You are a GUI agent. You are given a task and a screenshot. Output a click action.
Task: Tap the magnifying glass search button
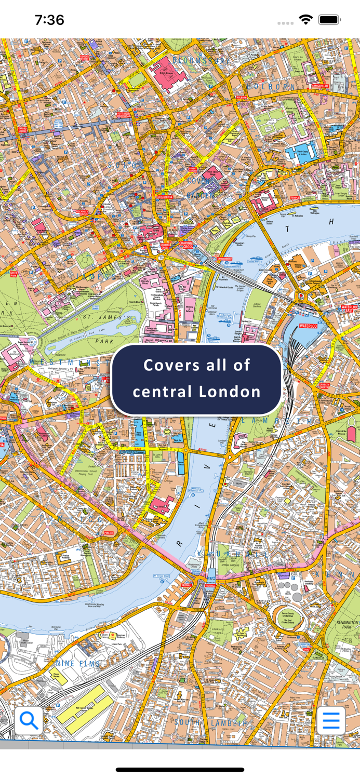point(29,720)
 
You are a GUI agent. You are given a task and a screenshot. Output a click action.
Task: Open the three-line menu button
point(331,720)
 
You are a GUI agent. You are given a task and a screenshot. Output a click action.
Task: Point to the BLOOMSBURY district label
point(201,61)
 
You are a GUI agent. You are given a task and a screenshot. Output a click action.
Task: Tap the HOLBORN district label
point(271,87)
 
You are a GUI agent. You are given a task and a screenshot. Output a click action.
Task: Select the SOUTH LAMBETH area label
point(211,722)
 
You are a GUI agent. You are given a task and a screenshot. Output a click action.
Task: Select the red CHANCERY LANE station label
point(320,86)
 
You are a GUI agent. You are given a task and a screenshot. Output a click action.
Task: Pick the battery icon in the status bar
point(329,20)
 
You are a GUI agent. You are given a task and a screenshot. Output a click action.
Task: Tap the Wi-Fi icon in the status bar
point(305,20)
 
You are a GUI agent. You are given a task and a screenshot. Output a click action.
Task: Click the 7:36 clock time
point(49,20)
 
